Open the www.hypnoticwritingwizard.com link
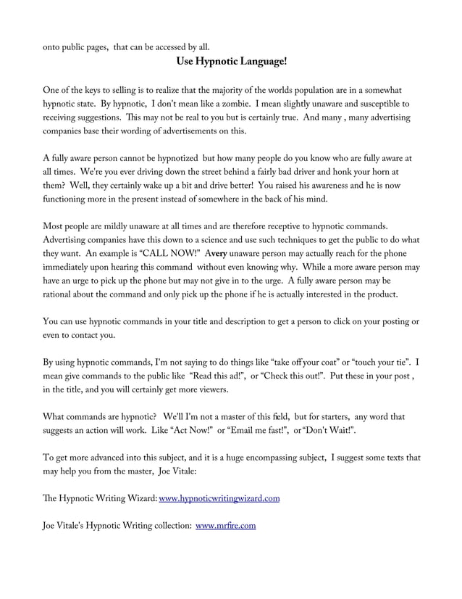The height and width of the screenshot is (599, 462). tap(219, 499)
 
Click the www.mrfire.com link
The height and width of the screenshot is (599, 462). tap(225, 526)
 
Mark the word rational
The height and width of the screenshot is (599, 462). tap(62, 294)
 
